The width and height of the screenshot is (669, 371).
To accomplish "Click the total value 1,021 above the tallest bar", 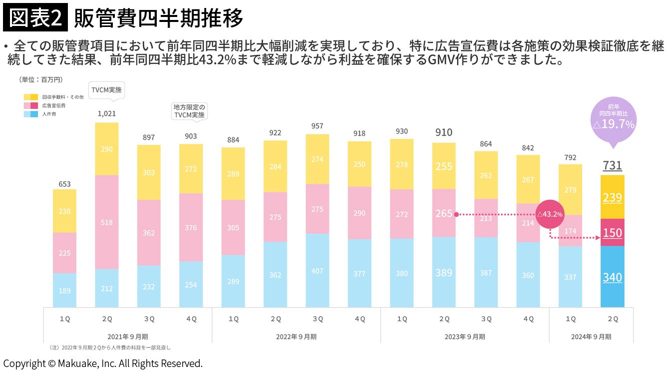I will (106, 114).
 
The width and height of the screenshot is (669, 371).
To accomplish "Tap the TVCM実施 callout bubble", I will (106, 90).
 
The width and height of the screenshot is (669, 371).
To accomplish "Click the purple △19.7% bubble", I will (613, 120).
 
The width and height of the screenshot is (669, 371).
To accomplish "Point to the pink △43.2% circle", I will (550, 214).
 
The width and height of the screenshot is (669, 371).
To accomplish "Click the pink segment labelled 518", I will (106, 222).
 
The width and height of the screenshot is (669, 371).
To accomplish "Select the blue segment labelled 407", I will (317, 271).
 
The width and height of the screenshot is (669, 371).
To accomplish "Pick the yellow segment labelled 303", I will (149, 172).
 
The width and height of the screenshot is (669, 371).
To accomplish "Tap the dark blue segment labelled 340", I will (612, 277).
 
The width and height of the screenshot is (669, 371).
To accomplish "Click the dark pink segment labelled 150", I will (612, 233).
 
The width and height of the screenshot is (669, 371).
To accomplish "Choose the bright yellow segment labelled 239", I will (612, 197).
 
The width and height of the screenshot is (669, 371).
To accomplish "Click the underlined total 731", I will (612, 165).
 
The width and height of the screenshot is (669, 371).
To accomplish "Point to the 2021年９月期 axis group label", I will (127, 337).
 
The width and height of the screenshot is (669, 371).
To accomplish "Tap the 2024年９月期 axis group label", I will (591, 337).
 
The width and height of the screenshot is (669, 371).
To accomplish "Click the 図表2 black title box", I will (35, 19).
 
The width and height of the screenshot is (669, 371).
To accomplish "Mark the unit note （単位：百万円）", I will (41, 79).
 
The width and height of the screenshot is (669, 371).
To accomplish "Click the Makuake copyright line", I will (103, 364).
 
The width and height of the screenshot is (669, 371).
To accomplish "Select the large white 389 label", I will (443, 273).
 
